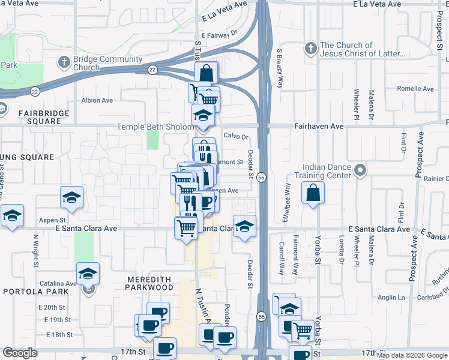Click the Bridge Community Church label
click(108, 64)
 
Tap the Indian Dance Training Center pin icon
click(360, 170)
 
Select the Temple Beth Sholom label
click(155, 127)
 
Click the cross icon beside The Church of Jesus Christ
click(310, 49)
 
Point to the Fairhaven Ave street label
click(318, 127)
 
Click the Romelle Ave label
click(415, 89)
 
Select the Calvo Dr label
click(236, 136)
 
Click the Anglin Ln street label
click(391, 296)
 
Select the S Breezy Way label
click(279, 69)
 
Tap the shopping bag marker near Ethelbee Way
click(313, 193)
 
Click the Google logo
click(20, 353)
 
